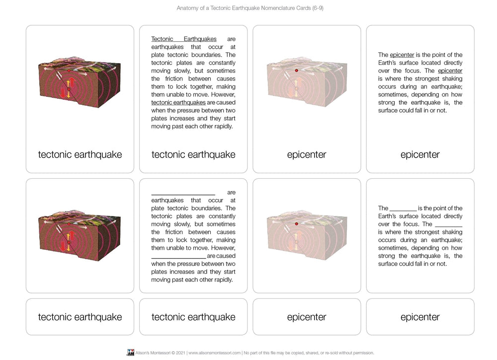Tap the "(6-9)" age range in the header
point(316,8)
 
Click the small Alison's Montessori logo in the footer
point(131,353)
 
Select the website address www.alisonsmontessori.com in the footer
point(214,353)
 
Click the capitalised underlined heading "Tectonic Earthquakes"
point(183,39)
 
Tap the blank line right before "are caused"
point(178,256)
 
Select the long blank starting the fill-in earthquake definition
point(183,192)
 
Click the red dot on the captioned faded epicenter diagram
point(297,71)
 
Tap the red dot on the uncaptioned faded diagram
point(297,224)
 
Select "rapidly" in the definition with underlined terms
point(223,127)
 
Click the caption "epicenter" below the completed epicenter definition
point(420,154)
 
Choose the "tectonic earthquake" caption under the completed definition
point(193,154)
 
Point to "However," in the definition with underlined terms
point(223,95)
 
